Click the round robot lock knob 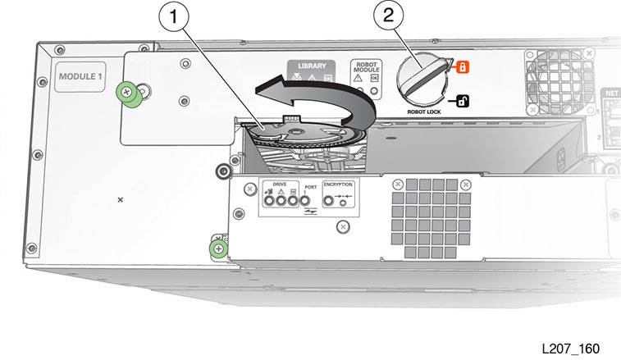pyautogui.click(x=420, y=80)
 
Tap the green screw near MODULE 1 pyautogui.click(x=129, y=92)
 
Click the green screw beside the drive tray pyautogui.click(x=217, y=248)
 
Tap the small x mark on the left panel pyautogui.click(x=121, y=199)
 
